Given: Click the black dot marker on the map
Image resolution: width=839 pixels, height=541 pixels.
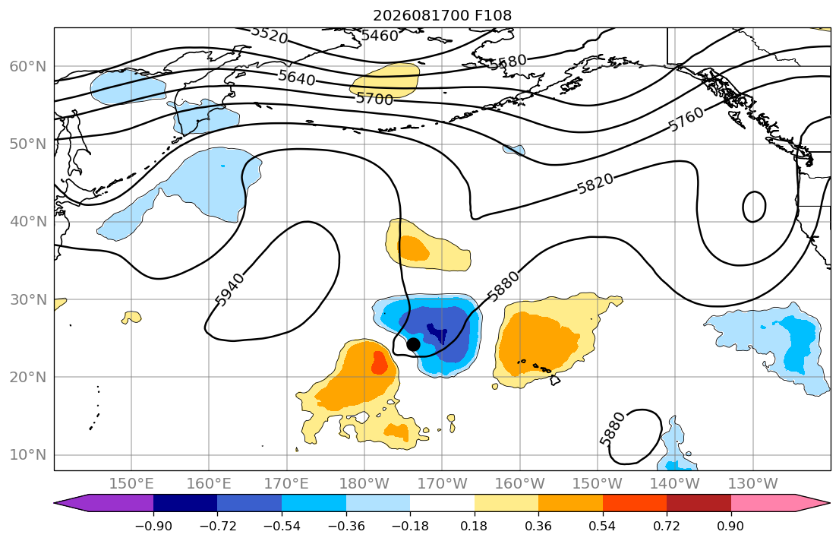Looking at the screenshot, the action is click(413, 344).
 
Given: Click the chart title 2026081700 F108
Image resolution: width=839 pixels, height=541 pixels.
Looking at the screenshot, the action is click(442, 15).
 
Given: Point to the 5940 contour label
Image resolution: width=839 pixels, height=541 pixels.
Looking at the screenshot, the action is click(230, 289).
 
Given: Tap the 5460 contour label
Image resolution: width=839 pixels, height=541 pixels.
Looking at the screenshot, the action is click(380, 36).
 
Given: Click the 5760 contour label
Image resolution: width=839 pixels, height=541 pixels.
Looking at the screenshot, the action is click(686, 119).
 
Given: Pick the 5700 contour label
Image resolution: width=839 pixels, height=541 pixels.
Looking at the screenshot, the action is click(374, 99).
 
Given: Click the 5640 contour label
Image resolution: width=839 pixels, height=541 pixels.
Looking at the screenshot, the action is click(296, 78).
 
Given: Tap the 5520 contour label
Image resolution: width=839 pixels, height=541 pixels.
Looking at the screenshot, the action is click(269, 35).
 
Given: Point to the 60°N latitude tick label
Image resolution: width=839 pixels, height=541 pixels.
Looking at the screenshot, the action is click(28, 66).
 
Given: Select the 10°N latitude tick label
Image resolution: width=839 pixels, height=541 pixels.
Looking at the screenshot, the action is click(28, 455).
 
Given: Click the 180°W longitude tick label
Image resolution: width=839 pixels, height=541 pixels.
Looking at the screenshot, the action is click(364, 484).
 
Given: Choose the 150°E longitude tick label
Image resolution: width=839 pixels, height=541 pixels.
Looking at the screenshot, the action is click(131, 484).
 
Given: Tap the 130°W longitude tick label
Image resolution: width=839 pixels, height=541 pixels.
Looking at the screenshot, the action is click(753, 484).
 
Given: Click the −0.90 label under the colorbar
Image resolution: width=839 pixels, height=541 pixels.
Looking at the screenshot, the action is click(153, 526).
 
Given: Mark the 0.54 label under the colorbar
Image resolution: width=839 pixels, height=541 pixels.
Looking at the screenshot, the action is click(603, 526).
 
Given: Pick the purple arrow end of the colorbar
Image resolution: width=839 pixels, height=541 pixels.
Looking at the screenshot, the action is click(104, 503).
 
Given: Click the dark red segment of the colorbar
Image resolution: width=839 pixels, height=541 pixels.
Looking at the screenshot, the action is click(699, 503).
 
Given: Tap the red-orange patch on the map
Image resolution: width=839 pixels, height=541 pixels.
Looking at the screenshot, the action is click(380, 362).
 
